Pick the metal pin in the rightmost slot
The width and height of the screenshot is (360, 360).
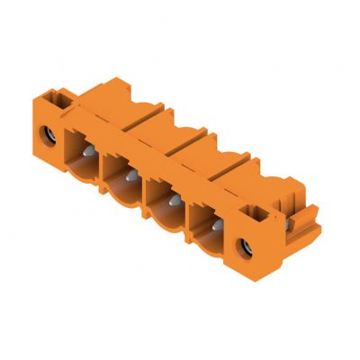pyautogui.click(x=214, y=221)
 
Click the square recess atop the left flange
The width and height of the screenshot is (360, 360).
pyautogui.click(x=63, y=101)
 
